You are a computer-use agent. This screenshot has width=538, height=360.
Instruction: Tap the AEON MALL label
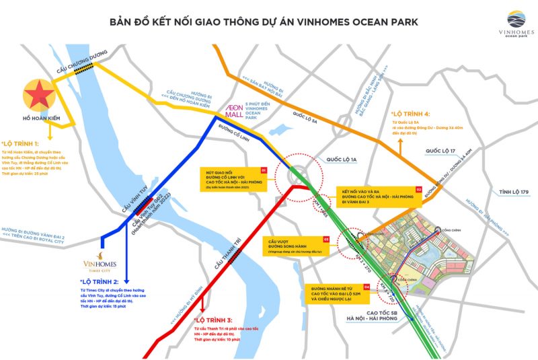click(233, 111)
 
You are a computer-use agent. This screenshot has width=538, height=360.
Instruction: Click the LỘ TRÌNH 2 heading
click(99, 281)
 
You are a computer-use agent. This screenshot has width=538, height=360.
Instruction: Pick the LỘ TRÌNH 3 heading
click(213, 320)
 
